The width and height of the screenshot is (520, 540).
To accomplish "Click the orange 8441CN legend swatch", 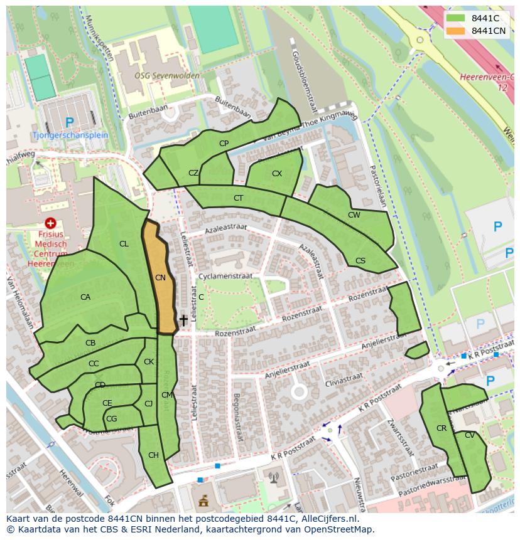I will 456,31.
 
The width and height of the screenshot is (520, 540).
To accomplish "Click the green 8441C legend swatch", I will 456,18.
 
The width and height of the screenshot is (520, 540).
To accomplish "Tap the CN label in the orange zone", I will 160,277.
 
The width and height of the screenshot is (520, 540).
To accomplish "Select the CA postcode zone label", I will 85,297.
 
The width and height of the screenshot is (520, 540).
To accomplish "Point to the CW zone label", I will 354,215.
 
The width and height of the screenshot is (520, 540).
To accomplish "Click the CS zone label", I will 360,261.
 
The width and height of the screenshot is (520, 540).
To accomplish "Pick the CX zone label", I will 277,174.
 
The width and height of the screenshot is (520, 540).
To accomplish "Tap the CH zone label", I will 153,455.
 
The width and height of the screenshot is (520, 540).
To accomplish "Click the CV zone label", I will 470,435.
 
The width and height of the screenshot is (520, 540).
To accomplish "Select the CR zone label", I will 441,428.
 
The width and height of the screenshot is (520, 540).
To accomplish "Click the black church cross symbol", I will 183,320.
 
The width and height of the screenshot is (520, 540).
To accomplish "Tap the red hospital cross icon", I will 51,223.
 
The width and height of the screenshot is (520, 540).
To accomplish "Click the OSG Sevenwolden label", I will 167,75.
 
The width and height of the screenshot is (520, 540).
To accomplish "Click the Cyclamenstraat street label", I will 225,276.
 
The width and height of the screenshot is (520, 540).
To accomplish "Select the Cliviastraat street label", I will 344,379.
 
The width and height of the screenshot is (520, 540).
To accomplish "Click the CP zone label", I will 224,144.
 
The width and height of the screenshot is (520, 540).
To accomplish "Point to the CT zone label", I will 238,198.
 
